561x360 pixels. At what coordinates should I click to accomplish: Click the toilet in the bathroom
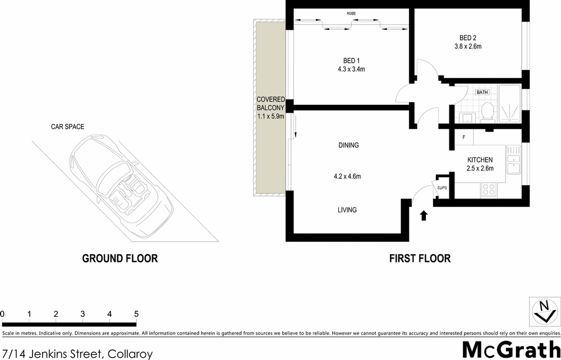tap(487, 112)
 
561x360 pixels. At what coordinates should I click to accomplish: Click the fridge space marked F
tap(463, 137)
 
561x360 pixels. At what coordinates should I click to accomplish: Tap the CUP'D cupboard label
tap(441, 187)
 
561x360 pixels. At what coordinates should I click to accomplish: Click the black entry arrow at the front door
tap(424, 215)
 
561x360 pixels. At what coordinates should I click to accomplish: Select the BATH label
tap(481, 92)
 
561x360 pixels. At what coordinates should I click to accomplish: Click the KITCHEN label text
tap(479, 160)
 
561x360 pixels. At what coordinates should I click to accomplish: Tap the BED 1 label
tap(351, 61)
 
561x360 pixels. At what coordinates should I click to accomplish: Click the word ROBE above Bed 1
tap(351, 13)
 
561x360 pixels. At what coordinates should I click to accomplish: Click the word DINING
tap(348, 145)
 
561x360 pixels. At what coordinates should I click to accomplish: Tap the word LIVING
tap(347, 210)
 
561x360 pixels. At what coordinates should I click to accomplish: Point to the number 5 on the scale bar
tap(136, 313)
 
